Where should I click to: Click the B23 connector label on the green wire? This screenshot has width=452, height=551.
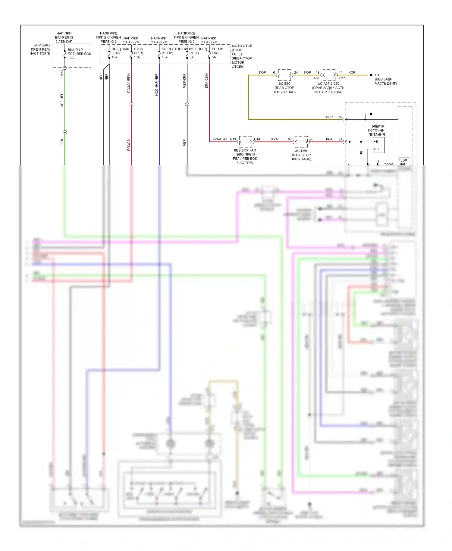pyautogui.click(x=62, y=73)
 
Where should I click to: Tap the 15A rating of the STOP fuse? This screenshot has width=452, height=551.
pyautogui.click(x=165, y=57)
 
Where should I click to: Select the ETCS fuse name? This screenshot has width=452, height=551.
pyautogui.click(x=138, y=49)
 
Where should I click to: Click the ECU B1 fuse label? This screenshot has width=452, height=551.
pyautogui.click(x=218, y=49)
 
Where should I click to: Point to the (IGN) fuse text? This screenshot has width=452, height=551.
pyautogui.click(x=115, y=53)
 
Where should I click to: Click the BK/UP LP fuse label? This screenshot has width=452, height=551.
pyautogui.click(x=75, y=50)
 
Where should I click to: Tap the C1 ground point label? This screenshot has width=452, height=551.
pyautogui.click(x=377, y=75)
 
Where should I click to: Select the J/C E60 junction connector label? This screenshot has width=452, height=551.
pyautogui.click(x=284, y=83)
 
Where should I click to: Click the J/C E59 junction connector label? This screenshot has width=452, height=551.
pyautogui.click(x=301, y=151)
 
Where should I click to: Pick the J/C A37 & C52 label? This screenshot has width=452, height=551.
pyautogui.click(x=328, y=83)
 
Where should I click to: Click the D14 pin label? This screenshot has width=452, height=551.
pyautogui.click(x=257, y=139)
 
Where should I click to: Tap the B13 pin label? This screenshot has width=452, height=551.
pyautogui.click(x=233, y=139)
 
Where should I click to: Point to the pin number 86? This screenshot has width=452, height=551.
pyautogui.click(x=290, y=139)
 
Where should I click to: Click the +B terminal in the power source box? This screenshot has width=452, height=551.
pyautogui.click(x=376, y=142)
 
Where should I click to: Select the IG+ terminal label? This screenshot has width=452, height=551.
pyautogui.click(x=376, y=149)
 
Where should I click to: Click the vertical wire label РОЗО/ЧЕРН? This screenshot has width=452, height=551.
pyautogui.click(x=129, y=83)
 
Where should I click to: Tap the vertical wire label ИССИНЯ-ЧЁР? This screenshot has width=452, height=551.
pyautogui.click(x=157, y=85)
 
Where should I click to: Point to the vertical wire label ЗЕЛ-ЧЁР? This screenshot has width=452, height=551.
pyautogui.click(x=62, y=100)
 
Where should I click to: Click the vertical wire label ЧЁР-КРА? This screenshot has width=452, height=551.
pyautogui.click(x=184, y=81)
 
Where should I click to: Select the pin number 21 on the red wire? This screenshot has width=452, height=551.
pyautogui.click(x=340, y=139)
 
